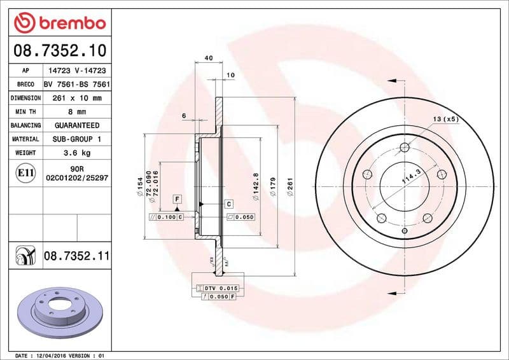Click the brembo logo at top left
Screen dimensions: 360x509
(59, 23)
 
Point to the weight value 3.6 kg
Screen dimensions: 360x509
(77, 153)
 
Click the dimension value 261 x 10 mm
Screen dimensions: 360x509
(77, 98)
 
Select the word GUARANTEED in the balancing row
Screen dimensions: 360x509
(77, 125)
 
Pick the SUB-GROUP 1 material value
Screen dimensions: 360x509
(77, 139)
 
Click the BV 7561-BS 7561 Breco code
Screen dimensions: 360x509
(77, 85)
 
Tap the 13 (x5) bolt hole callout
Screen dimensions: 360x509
(445, 119)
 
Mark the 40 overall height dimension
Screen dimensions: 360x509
(208, 58)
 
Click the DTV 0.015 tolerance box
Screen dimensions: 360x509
(220, 289)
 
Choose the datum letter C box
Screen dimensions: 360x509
(228, 204)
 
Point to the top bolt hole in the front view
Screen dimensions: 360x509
(405, 149)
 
